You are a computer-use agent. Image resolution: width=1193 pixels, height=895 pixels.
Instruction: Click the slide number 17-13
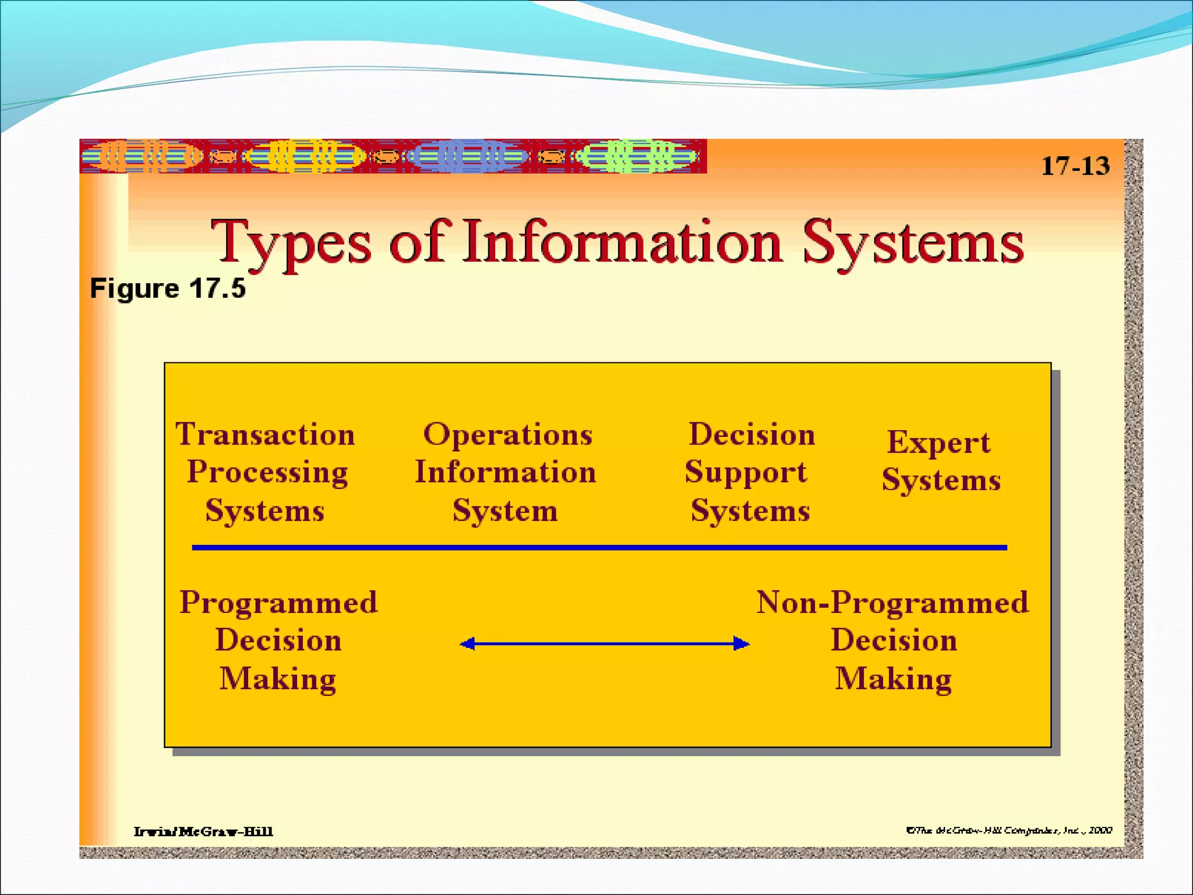pos(1075,166)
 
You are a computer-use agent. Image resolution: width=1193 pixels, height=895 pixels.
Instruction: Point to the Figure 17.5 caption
pos(168,288)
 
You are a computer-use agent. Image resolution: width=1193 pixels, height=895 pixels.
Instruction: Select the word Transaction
pos(266,435)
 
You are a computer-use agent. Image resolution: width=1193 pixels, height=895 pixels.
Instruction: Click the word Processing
pos(267,473)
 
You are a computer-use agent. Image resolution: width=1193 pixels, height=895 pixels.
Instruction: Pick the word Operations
pos(507,435)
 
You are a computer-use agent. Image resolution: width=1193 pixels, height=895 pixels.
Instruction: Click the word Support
pos(746,473)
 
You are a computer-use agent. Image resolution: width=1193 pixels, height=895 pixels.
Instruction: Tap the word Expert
pos(938,442)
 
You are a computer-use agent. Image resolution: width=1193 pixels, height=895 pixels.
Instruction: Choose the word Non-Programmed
pos(892,602)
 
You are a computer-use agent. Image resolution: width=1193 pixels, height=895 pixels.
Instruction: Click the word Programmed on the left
pos(278,602)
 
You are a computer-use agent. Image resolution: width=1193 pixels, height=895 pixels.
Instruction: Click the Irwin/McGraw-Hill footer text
pos(203,831)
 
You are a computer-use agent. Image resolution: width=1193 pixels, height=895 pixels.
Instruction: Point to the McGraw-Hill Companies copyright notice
pos(1008,830)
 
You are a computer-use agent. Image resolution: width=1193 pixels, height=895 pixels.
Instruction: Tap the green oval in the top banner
pos(636,156)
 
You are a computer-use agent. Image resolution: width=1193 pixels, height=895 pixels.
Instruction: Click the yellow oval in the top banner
pos(304,156)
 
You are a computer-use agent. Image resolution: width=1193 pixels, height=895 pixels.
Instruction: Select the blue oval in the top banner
pos(467,156)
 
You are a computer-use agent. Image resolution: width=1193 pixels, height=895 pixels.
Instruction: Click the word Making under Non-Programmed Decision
pos(893,679)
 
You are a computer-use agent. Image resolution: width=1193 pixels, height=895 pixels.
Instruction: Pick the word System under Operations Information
pos(505,511)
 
